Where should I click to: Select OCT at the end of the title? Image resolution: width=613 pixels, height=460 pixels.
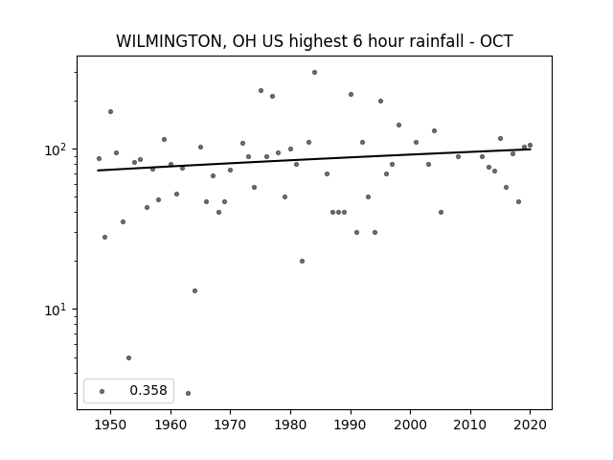[x=496, y=41]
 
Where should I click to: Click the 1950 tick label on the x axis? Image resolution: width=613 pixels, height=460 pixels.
[x=110, y=425]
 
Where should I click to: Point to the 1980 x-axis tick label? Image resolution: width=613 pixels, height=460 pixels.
[x=290, y=425]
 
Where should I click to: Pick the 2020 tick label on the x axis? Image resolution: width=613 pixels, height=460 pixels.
[x=530, y=425]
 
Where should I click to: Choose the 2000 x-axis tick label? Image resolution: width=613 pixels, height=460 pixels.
[x=410, y=425]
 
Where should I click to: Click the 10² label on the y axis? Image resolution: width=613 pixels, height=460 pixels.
[x=56, y=149]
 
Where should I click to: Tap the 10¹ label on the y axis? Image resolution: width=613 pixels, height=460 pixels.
[x=56, y=310]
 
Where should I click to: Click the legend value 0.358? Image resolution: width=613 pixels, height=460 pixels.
[x=148, y=390]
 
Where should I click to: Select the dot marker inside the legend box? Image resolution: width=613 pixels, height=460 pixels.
[x=102, y=391]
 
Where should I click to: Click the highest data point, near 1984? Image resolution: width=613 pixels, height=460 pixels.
[x=314, y=73]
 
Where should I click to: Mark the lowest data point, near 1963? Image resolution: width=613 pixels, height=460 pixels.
[x=188, y=393]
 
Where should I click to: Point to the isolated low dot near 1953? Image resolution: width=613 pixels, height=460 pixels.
[x=128, y=357]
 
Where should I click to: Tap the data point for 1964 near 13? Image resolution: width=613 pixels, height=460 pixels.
[x=194, y=290]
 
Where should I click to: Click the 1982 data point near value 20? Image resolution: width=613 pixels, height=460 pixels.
[x=303, y=261]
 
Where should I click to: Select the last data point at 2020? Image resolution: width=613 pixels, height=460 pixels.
[x=530, y=145]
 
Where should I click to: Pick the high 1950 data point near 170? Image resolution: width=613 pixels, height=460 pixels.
[x=111, y=111]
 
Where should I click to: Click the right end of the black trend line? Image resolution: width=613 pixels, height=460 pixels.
[x=531, y=149]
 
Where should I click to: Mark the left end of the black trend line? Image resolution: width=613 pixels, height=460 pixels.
[x=98, y=171]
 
